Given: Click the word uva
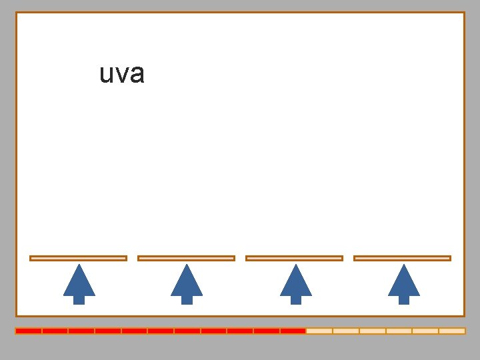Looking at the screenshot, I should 122,73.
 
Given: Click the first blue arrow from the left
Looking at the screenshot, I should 79,283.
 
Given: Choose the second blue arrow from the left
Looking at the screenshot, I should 187,283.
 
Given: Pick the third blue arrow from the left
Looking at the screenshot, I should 295,283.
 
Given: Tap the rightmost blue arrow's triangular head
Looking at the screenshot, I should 403,282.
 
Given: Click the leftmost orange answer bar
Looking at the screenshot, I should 78,258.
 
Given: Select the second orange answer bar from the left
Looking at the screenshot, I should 186,258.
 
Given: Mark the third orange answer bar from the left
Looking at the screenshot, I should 294,258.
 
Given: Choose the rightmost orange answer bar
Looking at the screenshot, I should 402,258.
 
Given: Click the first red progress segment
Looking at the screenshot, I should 29,331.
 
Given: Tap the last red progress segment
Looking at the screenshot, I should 293,331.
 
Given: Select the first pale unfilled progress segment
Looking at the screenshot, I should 319,331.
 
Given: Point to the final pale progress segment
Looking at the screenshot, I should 452,331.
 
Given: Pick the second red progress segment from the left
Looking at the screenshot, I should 55,331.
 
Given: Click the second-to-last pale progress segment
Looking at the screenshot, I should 425,331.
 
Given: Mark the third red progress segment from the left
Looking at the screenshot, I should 81,331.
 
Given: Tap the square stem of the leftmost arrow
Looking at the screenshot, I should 79,299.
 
